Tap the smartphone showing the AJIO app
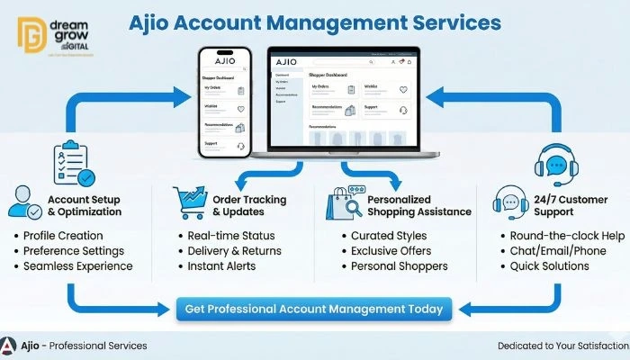(x=224, y=104)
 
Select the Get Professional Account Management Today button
(x=313, y=309)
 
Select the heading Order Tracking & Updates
(x=249, y=205)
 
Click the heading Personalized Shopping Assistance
(x=418, y=205)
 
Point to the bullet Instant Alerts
(x=221, y=266)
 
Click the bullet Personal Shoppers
(x=399, y=266)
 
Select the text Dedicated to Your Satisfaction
(x=562, y=346)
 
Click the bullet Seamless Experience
(x=77, y=266)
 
